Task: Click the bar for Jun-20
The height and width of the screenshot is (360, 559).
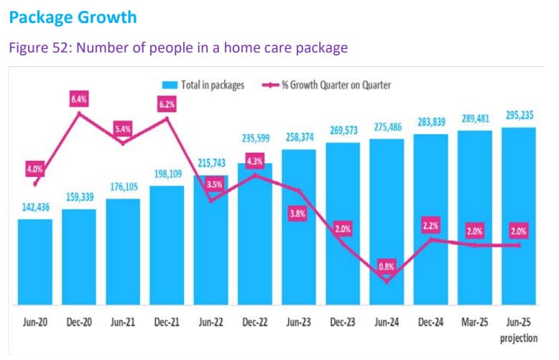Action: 35,262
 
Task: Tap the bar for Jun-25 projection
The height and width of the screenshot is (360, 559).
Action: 519,216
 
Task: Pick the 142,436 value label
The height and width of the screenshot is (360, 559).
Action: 35,208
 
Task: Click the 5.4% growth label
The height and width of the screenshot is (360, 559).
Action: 124,129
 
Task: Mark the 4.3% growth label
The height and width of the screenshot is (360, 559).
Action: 255,162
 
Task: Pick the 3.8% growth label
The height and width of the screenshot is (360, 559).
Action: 297,213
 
